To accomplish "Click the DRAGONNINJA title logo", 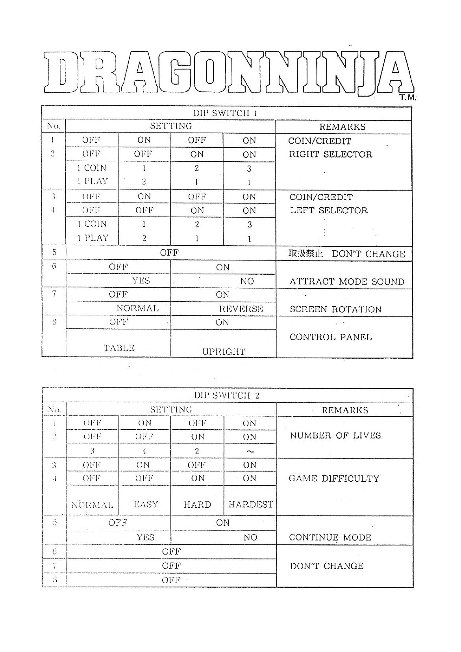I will click(x=228, y=72).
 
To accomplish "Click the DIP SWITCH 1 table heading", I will click(x=225, y=113).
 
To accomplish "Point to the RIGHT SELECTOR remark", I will click(x=330, y=154).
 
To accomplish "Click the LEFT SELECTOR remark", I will click(x=329, y=210).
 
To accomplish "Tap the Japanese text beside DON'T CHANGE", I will click(x=305, y=253).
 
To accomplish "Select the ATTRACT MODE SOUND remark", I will click(x=347, y=281).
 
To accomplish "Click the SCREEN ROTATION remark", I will click(x=335, y=309).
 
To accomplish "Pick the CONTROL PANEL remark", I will click(x=330, y=337).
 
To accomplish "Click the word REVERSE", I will click(x=241, y=309).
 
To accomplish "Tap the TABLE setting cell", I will click(x=119, y=348).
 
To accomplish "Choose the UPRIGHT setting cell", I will click(x=224, y=351).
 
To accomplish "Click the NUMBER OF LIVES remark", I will click(x=335, y=436).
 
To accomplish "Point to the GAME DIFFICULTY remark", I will click(x=334, y=479).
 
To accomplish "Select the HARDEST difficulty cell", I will click(x=250, y=504).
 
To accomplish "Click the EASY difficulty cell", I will click(x=146, y=504).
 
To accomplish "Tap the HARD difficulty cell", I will click(x=197, y=505).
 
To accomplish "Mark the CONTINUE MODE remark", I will click(x=330, y=537).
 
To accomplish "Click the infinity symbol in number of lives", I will click(x=250, y=452).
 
